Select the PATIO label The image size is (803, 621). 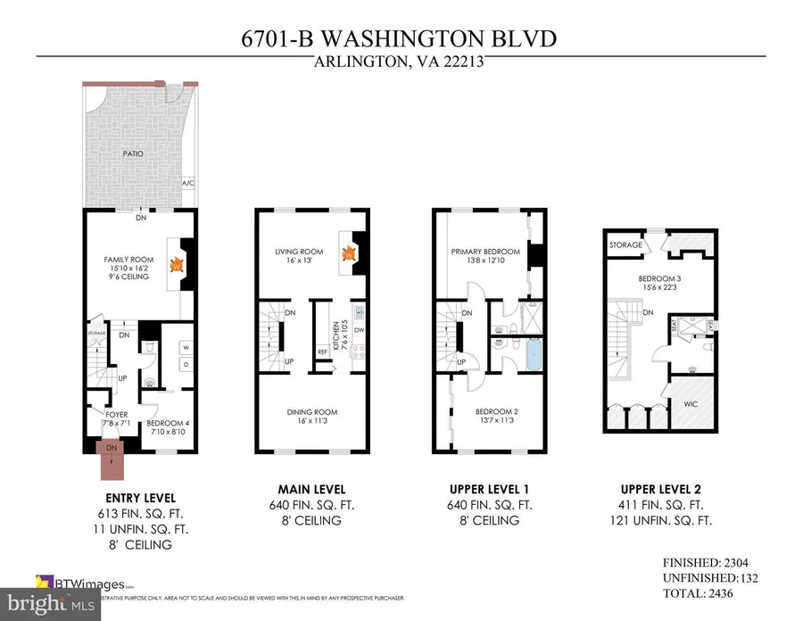pyautogui.click(x=135, y=153)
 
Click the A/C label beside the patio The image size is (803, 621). pyautogui.click(x=188, y=184)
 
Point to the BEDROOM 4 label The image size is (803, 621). pyautogui.click(x=167, y=423)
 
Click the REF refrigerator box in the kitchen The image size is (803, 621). pyautogui.click(x=322, y=352)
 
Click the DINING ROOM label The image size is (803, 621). pyautogui.click(x=312, y=411)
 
